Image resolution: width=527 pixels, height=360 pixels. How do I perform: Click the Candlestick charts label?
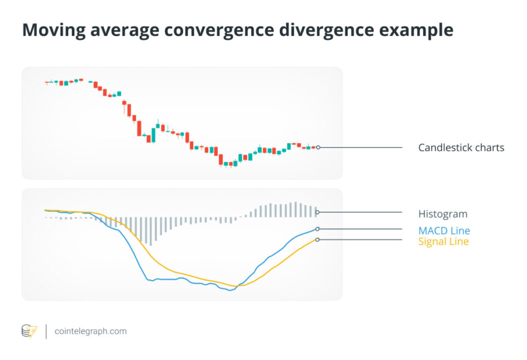click(x=461, y=148)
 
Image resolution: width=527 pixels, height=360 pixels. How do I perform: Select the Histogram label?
click(x=443, y=213)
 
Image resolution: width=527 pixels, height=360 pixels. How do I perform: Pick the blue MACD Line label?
click(x=444, y=230)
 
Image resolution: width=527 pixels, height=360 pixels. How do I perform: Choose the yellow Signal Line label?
click(x=443, y=241)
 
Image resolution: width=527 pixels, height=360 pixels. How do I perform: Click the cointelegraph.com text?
click(x=91, y=331)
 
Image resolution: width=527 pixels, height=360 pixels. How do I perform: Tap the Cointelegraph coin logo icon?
click(x=29, y=331)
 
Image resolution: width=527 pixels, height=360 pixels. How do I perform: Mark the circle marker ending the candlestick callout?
click(x=318, y=147)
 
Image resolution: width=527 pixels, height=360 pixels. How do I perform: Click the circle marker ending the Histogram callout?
click(x=318, y=212)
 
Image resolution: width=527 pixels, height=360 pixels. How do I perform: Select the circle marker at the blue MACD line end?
click(x=318, y=229)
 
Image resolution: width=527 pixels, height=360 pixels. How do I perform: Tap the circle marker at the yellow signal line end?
click(x=318, y=240)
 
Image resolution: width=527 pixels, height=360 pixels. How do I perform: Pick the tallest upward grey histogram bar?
click(x=296, y=209)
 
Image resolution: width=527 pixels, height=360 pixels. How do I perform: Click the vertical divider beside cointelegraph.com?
click(x=46, y=331)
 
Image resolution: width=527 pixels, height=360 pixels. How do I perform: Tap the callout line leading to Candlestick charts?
click(x=360, y=147)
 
